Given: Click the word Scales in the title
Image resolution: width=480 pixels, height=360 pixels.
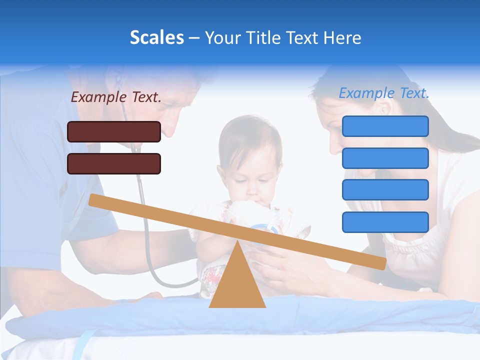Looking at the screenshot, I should pos(156,37).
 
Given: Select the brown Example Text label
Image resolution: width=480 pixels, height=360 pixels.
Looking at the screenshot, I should pos(116,97).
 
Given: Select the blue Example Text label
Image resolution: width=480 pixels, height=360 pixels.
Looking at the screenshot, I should pos(384,93).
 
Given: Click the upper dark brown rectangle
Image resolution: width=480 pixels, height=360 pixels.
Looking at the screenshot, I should pos(114,131).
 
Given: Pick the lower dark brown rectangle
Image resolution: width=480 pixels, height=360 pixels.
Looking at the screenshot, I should pos(114,163).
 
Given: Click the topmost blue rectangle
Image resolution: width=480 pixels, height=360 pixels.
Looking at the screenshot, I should pos(385,126).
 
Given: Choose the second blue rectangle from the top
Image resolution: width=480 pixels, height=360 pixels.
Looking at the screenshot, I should pos(385,158).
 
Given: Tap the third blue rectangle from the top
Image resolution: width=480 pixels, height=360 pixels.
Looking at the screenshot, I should pos(385,190).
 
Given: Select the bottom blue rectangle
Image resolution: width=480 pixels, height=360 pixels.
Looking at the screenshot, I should pos(385,222).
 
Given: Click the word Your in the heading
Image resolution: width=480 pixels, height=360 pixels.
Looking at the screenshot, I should pos(223,37).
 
